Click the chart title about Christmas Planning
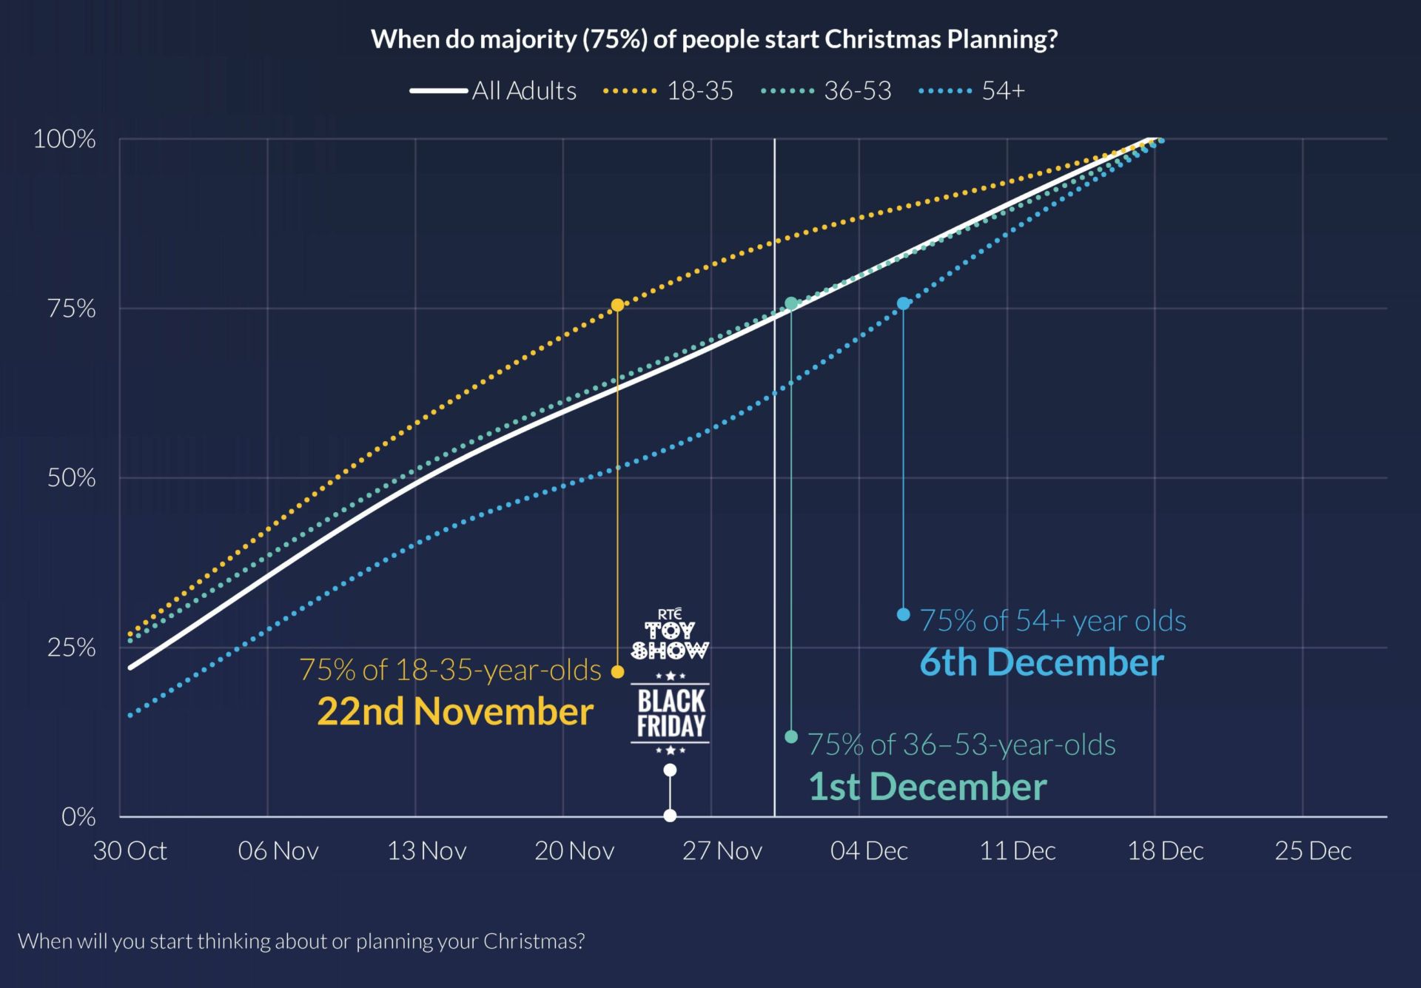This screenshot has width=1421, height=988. [714, 39]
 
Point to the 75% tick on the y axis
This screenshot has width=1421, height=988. [72, 308]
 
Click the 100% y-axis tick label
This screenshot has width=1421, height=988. [64, 139]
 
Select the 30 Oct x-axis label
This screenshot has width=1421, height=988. [130, 851]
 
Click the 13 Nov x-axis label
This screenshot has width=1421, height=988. [427, 851]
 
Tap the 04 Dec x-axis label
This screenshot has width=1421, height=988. [869, 851]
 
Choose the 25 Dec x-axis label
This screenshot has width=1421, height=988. [1313, 851]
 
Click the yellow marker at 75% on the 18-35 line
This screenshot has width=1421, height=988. [617, 305]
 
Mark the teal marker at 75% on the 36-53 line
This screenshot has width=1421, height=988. [791, 303]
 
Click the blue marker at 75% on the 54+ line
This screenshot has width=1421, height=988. [903, 303]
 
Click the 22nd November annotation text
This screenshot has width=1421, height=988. [455, 711]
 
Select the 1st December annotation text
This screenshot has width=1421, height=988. [927, 787]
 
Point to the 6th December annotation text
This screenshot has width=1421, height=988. [1041, 662]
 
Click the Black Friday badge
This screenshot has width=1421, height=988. [671, 713]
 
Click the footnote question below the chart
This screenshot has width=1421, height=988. [301, 941]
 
